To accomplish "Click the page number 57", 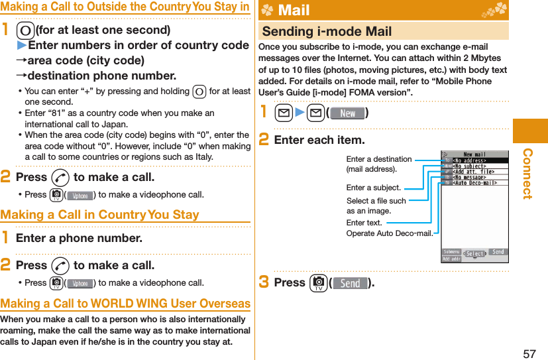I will (x=529, y=353).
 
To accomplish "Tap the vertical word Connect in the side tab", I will (x=528, y=174).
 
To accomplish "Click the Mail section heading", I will (x=294, y=11).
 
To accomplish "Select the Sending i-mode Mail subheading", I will (x=327, y=31).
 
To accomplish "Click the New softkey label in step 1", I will (x=347, y=113).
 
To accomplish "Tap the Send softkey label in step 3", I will (x=350, y=283).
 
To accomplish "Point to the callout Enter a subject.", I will (x=374, y=188).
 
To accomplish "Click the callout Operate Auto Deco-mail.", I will (x=390, y=233).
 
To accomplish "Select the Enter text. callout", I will (x=364, y=223).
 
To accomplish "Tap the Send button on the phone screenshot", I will (x=498, y=252).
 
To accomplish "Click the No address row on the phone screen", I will (x=470, y=160).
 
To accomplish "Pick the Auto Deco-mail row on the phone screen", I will (x=474, y=182).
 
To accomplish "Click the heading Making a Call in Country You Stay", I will (x=99, y=215).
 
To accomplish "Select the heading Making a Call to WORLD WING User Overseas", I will (x=125, y=304).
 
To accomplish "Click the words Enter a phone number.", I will (x=79, y=238).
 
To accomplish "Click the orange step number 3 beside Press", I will (x=264, y=282).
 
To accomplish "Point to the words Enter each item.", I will (x=319, y=140).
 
